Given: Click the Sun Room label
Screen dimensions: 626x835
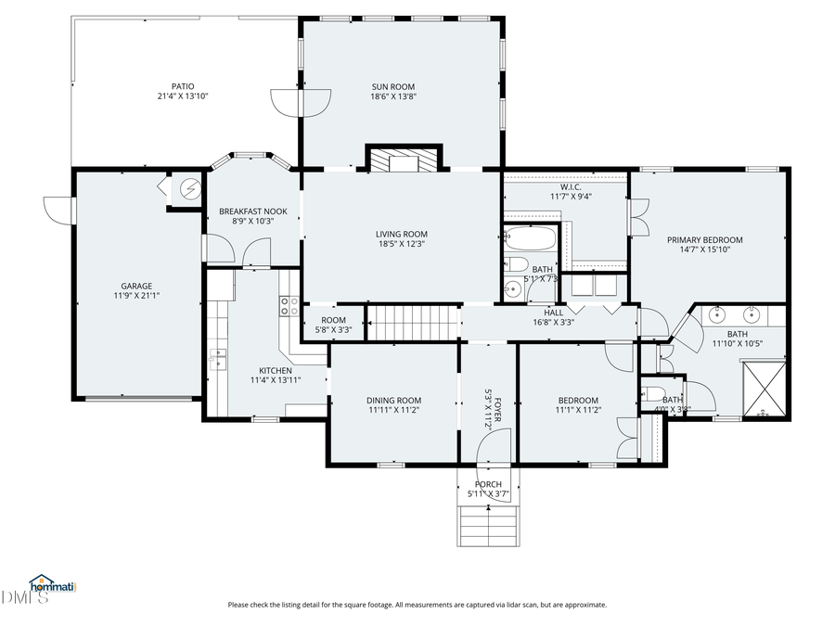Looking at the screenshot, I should click(393, 86).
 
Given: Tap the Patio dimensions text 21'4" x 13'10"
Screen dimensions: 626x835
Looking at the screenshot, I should click(183, 96).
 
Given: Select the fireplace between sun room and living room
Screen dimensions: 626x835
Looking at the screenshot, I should click(403, 161).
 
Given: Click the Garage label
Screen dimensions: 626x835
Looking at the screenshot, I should click(136, 286).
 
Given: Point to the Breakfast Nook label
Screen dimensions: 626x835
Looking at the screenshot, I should click(252, 211).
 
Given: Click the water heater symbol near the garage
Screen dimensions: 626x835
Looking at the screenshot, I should click(190, 188).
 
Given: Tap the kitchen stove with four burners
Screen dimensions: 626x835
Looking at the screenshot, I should click(289, 306).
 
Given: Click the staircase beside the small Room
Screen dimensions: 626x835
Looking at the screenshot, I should click(415, 324).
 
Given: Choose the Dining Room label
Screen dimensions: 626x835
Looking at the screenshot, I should click(394, 400).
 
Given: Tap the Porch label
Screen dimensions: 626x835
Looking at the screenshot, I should click(488, 484).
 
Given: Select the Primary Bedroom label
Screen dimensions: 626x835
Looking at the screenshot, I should click(705, 239).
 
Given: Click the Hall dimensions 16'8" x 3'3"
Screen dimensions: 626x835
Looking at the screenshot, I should click(553, 323).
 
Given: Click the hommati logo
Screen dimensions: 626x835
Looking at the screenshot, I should click(52, 585).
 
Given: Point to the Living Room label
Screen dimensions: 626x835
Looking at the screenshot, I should click(402, 234).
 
